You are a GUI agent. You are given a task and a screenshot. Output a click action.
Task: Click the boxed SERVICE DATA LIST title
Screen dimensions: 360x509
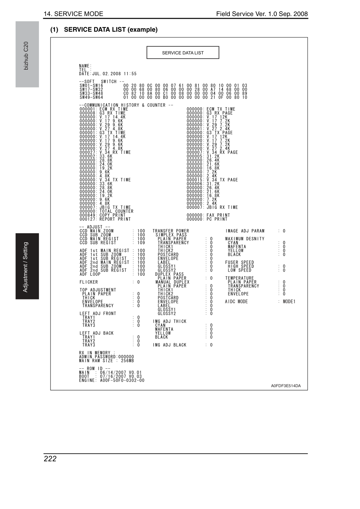click(x=183, y=53)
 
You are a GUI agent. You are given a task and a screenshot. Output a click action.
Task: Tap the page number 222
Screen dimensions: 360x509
click(x=50, y=459)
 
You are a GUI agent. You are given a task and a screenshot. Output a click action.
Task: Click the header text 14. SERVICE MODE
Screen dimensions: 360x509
click(x=73, y=14)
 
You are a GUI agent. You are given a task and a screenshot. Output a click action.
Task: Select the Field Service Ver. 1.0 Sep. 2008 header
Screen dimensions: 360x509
click(x=262, y=14)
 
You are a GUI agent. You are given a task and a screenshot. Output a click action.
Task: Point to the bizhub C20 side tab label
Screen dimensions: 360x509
click(x=26, y=56)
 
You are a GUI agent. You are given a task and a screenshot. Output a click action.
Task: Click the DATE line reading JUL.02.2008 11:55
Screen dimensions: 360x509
click(x=108, y=73)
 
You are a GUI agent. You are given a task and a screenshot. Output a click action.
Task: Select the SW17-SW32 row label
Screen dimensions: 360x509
click(x=91, y=89)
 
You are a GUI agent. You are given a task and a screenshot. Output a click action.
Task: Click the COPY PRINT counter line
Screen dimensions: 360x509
click(x=102, y=215)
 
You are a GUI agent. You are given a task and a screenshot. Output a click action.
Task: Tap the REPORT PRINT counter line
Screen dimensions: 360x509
click(x=105, y=219)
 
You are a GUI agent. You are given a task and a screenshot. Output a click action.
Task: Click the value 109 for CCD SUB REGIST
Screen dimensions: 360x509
click(x=141, y=243)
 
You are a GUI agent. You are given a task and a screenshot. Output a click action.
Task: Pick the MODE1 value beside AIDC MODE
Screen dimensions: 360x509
click(x=289, y=302)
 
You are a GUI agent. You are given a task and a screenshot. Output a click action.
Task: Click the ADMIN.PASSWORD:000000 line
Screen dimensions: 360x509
click(x=107, y=357)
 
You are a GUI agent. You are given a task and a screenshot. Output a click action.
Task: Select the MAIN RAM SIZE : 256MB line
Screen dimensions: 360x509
click(x=107, y=361)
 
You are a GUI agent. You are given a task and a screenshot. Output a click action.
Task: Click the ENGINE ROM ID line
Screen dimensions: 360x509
click(x=112, y=381)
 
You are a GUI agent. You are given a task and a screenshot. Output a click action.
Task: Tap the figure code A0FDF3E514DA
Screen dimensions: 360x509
click(x=286, y=386)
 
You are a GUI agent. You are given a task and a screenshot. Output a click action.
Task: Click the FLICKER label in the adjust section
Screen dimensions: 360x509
click(x=89, y=282)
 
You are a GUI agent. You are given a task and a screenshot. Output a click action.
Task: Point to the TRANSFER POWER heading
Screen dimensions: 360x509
click(x=171, y=231)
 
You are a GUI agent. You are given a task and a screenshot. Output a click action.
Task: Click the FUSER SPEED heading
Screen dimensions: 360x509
click(x=240, y=262)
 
